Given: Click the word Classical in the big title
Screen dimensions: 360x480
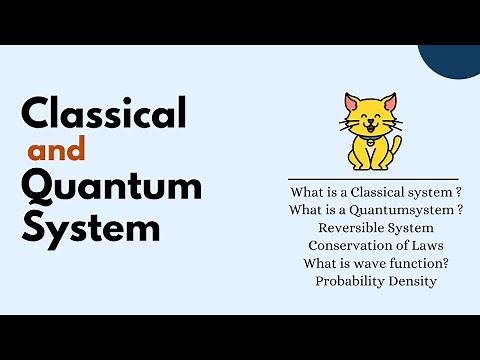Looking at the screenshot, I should [104, 114].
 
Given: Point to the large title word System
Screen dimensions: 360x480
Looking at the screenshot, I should [89, 228].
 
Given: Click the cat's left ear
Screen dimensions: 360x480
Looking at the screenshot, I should [351, 102].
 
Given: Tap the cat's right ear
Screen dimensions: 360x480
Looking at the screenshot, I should [389, 102].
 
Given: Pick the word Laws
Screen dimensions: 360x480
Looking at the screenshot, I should [425, 245].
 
